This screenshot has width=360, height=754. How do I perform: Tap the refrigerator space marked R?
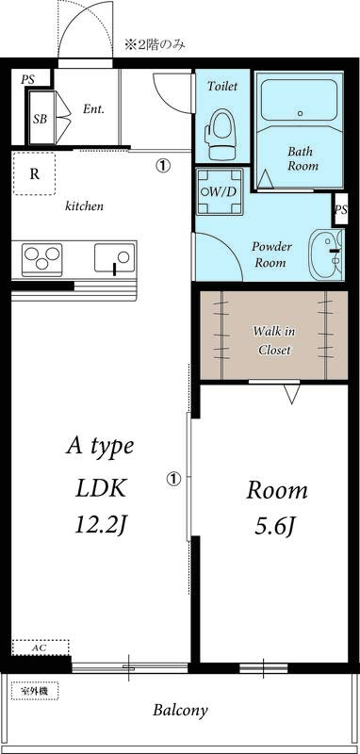pyautogui.click(x=34, y=173)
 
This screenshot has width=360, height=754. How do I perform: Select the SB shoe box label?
pyautogui.click(x=40, y=120)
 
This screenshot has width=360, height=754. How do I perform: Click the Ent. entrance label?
pyautogui.click(x=92, y=108)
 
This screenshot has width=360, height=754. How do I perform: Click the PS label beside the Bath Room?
pyautogui.click(x=340, y=209)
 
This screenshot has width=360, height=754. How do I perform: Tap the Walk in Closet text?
pyautogui.click(x=274, y=340)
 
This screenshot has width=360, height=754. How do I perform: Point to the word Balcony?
pyautogui.click(x=180, y=711)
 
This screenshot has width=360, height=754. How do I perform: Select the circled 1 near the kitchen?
pyautogui.click(x=163, y=165)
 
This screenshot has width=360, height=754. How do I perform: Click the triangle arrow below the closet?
pyautogui.click(x=291, y=393)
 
